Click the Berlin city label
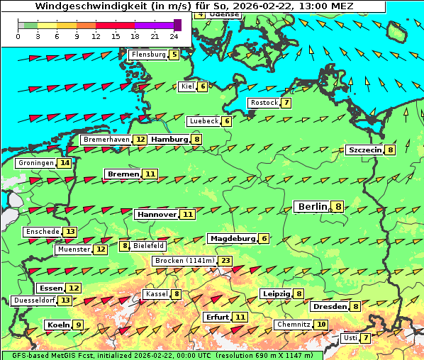pos(313,207)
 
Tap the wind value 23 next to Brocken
pos(225,261)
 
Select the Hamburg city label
pos(169,140)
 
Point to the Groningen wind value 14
pos(65,163)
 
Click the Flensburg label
pos(148,54)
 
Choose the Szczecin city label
pos(364,150)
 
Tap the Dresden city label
pos(330,307)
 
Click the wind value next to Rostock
pos(286,103)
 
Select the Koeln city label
pos(58,325)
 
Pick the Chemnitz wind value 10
pos(321,325)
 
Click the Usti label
pos(350,338)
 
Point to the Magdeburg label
pos(232,239)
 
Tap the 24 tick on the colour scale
pos(174,35)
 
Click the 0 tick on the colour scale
pos(18,35)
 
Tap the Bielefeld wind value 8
pos(125,246)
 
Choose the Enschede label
pos(42,232)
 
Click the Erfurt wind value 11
pos(240,317)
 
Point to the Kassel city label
pos(156,294)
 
